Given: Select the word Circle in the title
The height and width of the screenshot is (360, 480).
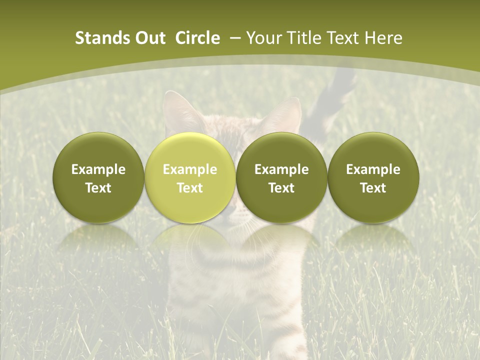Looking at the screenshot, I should tap(197, 38).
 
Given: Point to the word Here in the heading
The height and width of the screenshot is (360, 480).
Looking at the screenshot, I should tap(384, 38).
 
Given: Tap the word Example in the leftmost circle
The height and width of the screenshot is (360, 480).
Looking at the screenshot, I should tap(98, 169).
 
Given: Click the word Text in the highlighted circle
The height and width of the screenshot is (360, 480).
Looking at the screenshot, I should tap(189, 188).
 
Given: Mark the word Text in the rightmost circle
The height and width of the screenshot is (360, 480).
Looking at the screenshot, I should tap(373, 188).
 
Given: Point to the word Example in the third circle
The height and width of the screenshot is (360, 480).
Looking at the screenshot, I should tap(281, 169).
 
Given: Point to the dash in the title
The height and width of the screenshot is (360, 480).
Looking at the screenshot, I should tap(233, 38).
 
